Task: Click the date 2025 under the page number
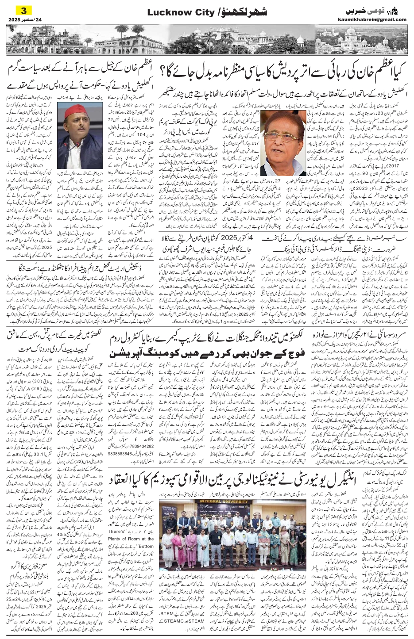(15, 19)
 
